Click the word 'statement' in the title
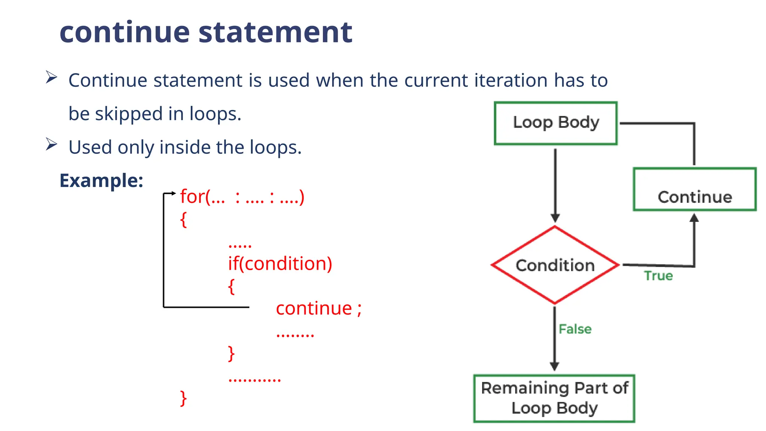[x=275, y=32]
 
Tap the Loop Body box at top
[x=555, y=123]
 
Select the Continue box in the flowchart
[x=695, y=189]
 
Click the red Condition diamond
[x=555, y=265]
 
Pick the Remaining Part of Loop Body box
[x=554, y=398]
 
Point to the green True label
[x=658, y=276]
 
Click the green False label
[x=575, y=329]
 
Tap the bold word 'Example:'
[x=101, y=181]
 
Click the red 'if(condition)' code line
[x=280, y=264]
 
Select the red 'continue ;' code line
[x=319, y=309]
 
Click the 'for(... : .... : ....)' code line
[x=242, y=197]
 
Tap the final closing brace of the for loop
[x=183, y=398]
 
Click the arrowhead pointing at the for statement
[x=174, y=193]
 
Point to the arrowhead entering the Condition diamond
[x=555, y=218]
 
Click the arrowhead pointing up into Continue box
[x=694, y=218]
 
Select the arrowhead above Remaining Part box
[x=554, y=366]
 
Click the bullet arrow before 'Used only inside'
[x=51, y=144]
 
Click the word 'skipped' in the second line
[x=129, y=114]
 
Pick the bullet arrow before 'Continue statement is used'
[x=51, y=77]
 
